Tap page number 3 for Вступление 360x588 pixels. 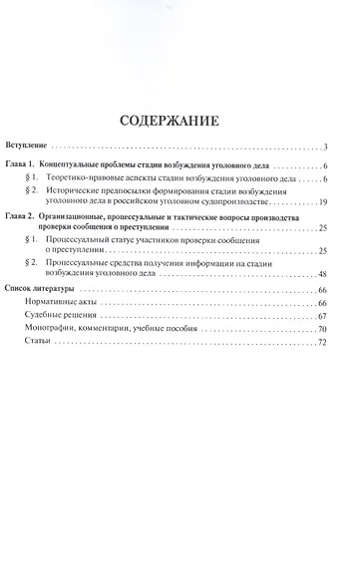tap(326, 144)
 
